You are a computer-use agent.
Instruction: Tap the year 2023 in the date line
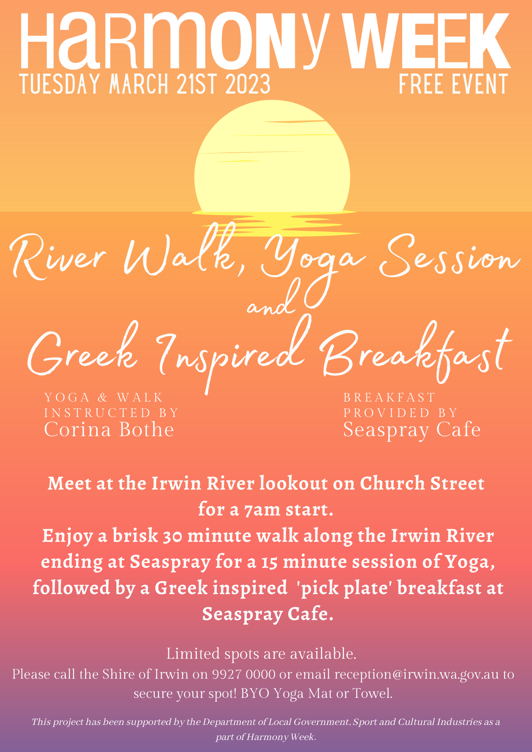pos(248,84)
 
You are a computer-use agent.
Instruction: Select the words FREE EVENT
pos(453,84)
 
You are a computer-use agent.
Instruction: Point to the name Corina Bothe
pos(109,429)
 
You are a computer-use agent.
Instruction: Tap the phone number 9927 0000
pos(244,674)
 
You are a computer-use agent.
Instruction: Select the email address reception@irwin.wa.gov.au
pos(416,675)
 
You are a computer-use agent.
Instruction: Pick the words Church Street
pos(422,484)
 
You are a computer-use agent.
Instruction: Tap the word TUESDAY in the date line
pos(61,84)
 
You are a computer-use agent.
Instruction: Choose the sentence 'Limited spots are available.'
pos(261,654)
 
